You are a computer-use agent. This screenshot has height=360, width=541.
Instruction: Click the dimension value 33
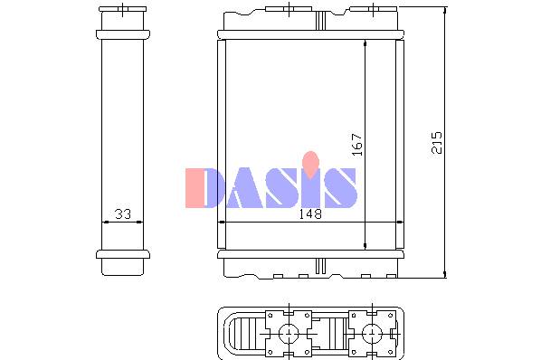[x=123, y=214]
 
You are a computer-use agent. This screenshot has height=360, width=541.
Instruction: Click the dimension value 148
[x=310, y=214]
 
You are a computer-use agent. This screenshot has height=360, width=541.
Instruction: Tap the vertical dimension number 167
[x=357, y=145]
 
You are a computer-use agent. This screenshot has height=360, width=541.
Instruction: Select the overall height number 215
[x=437, y=142]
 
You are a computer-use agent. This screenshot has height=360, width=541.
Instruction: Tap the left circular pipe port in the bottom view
[x=289, y=334]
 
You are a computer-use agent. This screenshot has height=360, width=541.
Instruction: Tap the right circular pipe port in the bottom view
[x=373, y=334]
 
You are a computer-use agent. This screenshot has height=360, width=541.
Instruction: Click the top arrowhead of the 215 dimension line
[x=445, y=10]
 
